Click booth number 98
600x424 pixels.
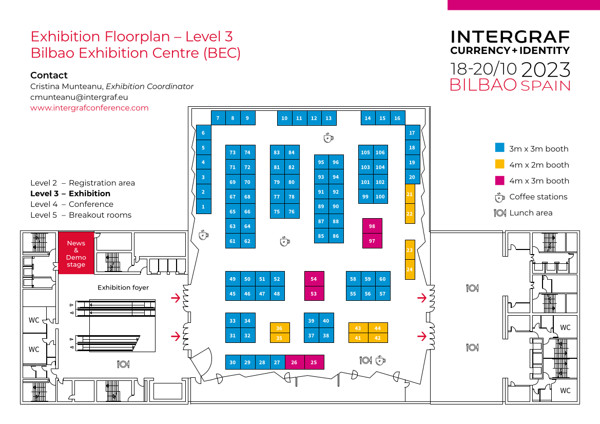tap(372, 226)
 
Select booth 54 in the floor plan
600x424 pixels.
tap(314, 279)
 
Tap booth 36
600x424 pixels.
tap(280, 328)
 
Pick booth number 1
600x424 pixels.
tap(203, 207)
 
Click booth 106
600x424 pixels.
tap(380, 152)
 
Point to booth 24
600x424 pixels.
tap(410, 269)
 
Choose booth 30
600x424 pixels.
tap(233, 362)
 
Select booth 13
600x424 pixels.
tap(328, 118)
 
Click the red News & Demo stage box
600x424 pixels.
tap(76, 254)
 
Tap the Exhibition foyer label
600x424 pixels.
tap(123, 287)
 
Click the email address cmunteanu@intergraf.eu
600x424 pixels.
tap(79, 97)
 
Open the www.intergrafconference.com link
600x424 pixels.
tap(89, 108)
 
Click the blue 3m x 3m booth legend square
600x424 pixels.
tap(499, 148)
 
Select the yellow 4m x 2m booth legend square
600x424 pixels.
tap(499, 164)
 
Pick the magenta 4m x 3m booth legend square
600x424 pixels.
tap(499, 180)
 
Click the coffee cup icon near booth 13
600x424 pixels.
tap(328, 138)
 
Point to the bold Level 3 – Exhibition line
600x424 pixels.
tap(70, 194)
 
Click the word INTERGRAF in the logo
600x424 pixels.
tap(510, 37)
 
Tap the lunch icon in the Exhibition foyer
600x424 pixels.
tap(123, 364)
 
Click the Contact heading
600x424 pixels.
tap(49, 75)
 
